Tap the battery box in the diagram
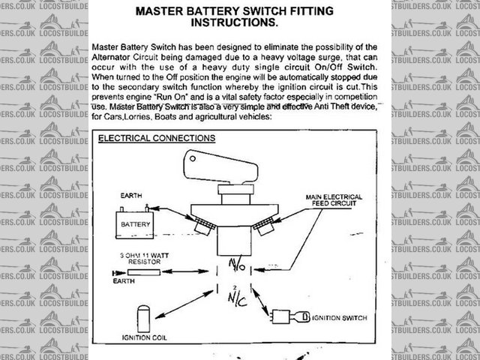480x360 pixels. click(x=133, y=223)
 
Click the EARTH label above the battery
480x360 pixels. click(x=131, y=196)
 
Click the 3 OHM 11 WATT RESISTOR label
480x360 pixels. click(x=148, y=259)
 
